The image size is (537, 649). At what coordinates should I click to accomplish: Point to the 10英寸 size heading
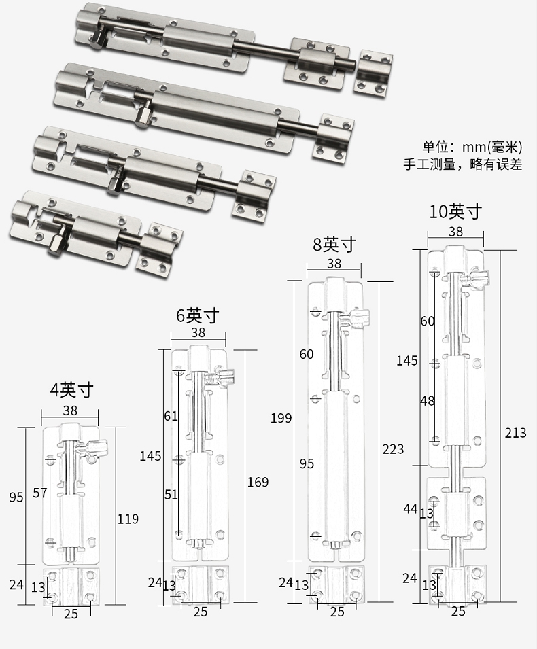click(x=455, y=211)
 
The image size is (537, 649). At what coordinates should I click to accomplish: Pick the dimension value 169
click(x=257, y=482)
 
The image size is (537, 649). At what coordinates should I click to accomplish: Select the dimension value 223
click(x=392, y=449)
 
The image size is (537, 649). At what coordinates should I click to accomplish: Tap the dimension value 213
click(x=515, y=432)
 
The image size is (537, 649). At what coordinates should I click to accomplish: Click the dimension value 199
click(x=281, y=417)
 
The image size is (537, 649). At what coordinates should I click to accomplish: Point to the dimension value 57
click(x=40, y=493)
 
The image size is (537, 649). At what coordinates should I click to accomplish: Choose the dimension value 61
click(x=171, y=415)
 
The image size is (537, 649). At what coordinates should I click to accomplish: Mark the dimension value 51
click(x=171, y=495)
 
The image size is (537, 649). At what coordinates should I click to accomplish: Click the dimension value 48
click(x=427, y=401)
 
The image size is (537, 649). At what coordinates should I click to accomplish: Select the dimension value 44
click(x=409, y=508)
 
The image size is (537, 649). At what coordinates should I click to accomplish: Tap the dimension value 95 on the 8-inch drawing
click(x=307, y=463)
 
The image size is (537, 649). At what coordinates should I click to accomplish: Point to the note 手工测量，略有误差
click(x=463, y=164)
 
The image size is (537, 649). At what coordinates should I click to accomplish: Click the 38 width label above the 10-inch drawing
click(x=455, y=232)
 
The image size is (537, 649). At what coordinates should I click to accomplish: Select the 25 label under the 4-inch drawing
click(x=71, y=614)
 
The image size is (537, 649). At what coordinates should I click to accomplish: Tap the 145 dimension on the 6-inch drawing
click(x=150, y=455)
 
